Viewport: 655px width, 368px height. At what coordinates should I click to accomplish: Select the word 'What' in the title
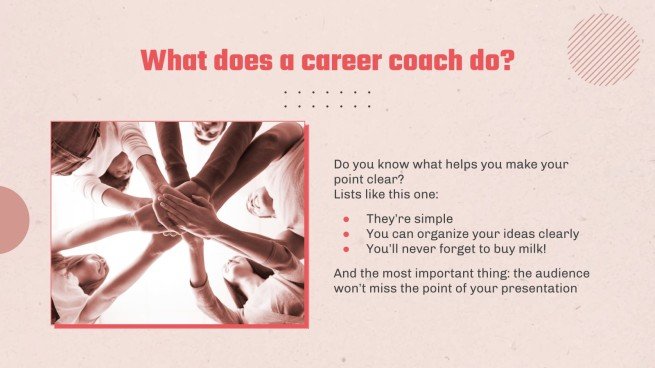click(177, 60)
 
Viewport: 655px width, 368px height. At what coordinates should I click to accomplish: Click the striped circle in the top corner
click(603, 49)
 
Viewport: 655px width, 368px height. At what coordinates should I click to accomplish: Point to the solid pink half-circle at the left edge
click(12, 219)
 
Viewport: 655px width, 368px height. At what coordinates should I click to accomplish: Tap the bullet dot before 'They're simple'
click(346, 219)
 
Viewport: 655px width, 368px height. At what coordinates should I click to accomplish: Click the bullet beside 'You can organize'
click(346, 234)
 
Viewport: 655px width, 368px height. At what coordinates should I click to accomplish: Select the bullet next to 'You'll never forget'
click(346, 248)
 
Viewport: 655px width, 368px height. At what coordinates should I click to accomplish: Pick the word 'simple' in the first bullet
click(432, 219)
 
